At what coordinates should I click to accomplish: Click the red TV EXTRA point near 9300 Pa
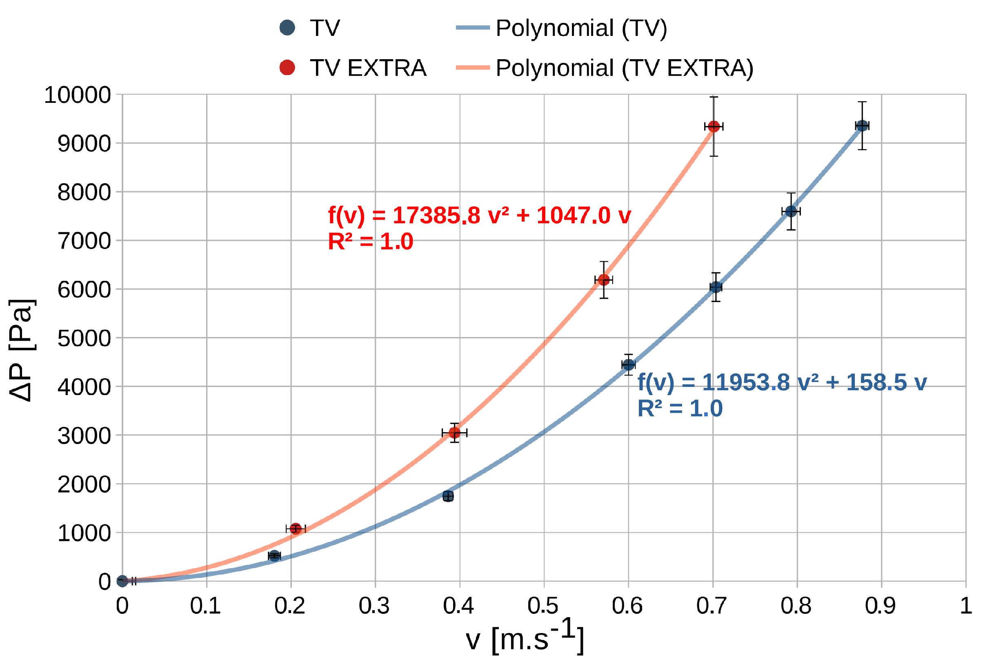[x=714, y=127]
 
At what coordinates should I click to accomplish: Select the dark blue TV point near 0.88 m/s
[x=862, y=126]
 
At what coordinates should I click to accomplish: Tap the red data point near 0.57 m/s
[x=604, y=280]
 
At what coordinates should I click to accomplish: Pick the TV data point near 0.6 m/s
[x=629, y=364]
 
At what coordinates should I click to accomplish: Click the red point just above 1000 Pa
[x=296, y=529]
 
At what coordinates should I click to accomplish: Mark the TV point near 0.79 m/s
[x=791, y=211]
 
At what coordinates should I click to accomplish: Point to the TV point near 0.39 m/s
[x=448, y=496]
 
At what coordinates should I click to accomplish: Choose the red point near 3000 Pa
[x=454, y=433]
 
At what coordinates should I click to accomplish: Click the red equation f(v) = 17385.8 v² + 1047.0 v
[x=479, y=215]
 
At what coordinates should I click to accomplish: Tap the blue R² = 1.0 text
[x=680, y=409]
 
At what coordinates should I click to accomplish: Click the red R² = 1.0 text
[x=371, y=242]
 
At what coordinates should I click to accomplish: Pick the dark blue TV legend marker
[x=287, y=28]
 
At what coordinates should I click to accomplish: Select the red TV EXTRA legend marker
[x=287, y=68]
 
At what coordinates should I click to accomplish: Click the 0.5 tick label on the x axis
[x=543, y=605]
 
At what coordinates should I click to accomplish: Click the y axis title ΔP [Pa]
[x=21, y=350]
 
